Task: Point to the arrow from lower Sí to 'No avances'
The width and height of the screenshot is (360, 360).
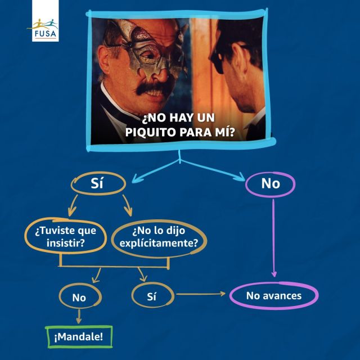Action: [x=201, y=294]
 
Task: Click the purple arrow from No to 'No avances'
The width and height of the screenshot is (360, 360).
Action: [x=274, y=238]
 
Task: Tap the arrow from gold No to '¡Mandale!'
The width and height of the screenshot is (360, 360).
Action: [x=79, y=316]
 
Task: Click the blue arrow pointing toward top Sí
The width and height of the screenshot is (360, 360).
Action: [x=156, y=170]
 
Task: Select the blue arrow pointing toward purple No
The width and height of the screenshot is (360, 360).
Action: [x=213, y=170]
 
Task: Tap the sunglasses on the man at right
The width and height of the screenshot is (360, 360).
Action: [x=219, y=60]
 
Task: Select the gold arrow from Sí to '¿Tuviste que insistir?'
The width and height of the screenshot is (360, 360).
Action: [x=73, y=206]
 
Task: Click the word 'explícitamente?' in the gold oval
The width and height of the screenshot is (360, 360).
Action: [x=159, y=243]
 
